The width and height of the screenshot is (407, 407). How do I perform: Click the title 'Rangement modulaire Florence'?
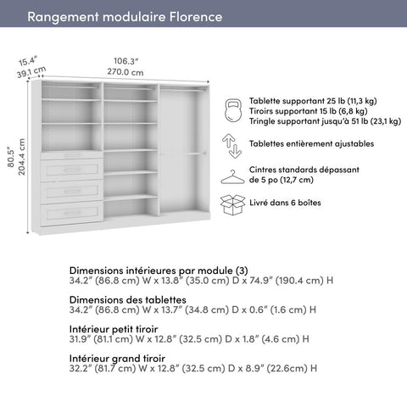pos(125,17)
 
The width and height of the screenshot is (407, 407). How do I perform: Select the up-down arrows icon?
pos(232,144)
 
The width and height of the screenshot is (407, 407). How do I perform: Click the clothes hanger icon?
pos(232,176)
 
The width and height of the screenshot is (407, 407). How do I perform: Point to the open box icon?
pos(232,205)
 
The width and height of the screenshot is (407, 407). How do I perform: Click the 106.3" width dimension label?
pos(126,60)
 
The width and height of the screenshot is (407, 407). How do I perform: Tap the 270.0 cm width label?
pos(126,73)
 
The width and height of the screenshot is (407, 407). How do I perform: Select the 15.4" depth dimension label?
pos(30,61)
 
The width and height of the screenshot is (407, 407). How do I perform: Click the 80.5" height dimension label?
pos(11,158)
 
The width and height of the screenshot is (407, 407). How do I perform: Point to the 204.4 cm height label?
pos(23,158)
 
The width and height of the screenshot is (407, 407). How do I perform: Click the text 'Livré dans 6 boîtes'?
pos(285,203)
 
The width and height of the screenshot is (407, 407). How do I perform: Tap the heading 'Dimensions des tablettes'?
pos(128,299)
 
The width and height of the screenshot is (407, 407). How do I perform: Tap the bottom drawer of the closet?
pos(72,211)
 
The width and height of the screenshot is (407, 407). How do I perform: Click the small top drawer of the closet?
pos(72,155)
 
